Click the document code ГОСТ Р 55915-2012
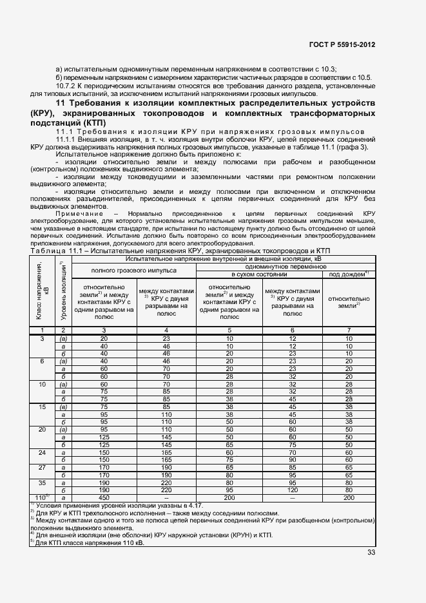click(342, 44)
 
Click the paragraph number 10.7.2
click(68, 86)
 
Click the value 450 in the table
click(103, 498)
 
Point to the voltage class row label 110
click(41, 498)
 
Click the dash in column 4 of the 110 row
click(166, 498)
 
